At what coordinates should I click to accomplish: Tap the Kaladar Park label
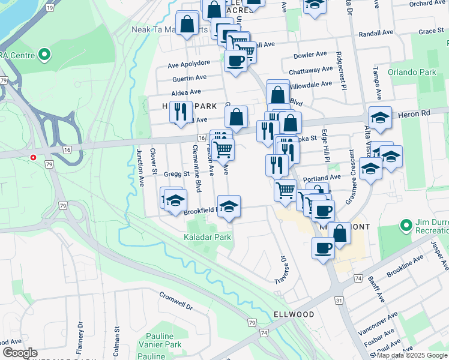click(x=207, y=237)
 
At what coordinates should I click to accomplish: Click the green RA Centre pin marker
click(x=44, y=55)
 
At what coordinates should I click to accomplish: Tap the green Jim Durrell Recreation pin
click(x=406, y=226)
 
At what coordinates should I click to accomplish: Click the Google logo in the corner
click(x=20, y=352)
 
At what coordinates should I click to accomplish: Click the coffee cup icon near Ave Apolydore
click(x=235, y=60)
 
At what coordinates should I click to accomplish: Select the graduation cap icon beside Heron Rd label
click(x=380, y=118)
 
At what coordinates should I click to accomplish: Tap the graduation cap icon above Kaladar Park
click(x=229, y=206)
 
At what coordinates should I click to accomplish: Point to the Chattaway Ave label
click(x=310, y=70)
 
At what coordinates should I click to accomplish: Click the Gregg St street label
click(x=178, y=174)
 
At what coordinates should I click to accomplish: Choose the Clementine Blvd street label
click(x=196, y=169)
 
